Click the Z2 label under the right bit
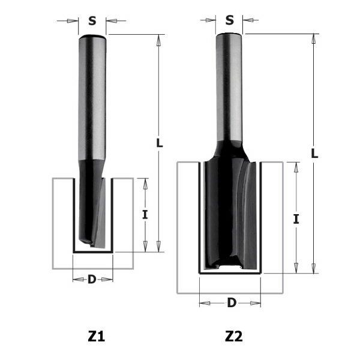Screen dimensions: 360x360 [x=232, y=337]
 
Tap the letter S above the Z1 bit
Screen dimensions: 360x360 [x=92, y=20]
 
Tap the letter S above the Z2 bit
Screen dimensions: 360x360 [x=230, y=20]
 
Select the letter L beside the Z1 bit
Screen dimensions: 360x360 [x=158, y=143]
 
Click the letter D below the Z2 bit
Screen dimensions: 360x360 [x=231, y=302]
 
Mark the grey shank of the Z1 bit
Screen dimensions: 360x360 [x=92, y=96]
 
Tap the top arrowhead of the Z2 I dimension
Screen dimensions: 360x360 [x=296, y=166]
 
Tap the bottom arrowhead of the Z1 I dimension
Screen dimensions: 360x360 [x=145, y=247]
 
